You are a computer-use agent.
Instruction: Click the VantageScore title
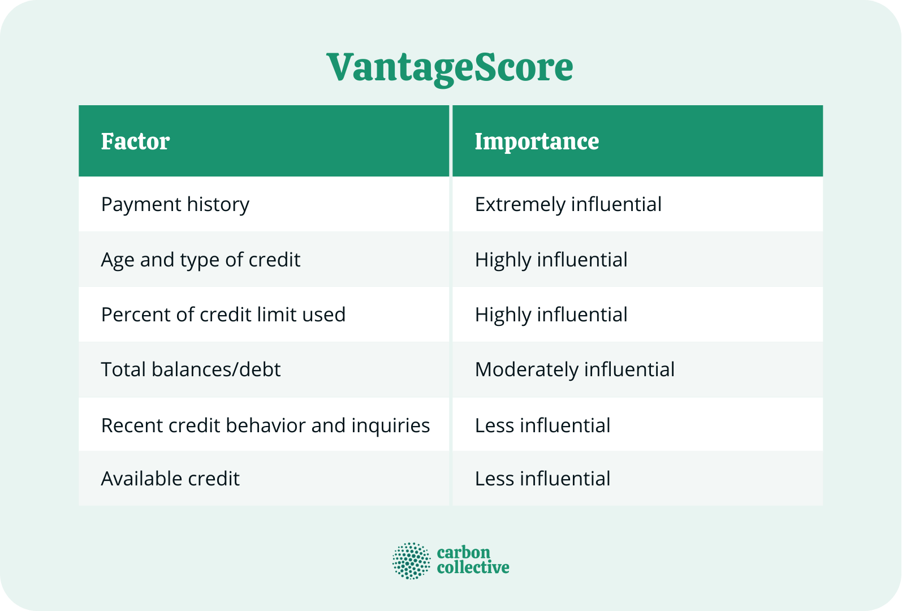(450, 67)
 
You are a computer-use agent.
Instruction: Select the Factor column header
(135, 141)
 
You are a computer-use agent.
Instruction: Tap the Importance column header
(536, 141)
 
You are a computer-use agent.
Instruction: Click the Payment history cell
(175, 204)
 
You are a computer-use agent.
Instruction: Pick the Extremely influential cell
(568, 204)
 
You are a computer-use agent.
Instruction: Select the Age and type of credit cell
(200, 260)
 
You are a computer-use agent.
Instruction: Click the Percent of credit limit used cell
(223, 315)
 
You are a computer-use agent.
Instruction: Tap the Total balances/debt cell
(191, 369)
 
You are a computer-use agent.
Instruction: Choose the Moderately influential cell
(575, 369)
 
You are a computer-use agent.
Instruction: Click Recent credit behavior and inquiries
(265, 425)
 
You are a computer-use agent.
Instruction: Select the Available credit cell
(170, 479)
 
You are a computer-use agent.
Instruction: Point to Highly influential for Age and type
(551, 260)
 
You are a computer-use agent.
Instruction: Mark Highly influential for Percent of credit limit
(551, 315)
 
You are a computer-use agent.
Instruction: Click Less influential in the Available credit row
(542, 479)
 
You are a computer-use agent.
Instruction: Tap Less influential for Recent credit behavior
(542, 425)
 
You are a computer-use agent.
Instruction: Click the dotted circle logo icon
(411, 561)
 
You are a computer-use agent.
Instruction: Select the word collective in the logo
(473, 567)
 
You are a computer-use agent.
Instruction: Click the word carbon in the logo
(463, 553)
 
